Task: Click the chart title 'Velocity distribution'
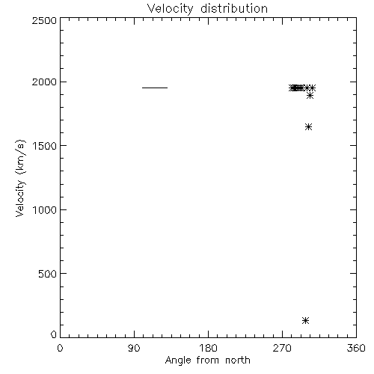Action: pos(207,9)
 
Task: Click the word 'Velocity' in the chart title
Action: pos(170,9)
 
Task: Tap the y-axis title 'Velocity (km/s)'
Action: pos(20,178)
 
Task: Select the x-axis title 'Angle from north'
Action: pos(207,361)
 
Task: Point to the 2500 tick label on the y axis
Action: pos(44,20)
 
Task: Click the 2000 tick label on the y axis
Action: pos(44,82)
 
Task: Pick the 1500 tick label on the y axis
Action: pos(45,146)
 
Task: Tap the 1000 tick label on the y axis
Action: pos(45,209)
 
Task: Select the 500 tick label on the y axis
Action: pos(48,274)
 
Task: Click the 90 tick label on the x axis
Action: pos(134,348)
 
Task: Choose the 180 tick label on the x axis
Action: pos(208,348)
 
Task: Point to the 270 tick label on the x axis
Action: pos(282,348)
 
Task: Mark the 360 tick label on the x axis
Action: pos(356,348)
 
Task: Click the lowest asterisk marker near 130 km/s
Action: pos(306,320)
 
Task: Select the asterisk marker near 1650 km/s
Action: pos(308,127)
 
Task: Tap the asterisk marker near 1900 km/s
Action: pos(310,96)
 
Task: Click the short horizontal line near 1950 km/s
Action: pos(155,88)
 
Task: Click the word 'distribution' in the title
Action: pos(234,8)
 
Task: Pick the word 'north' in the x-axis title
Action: pos(238,360)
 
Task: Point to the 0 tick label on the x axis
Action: pos(60,348)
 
